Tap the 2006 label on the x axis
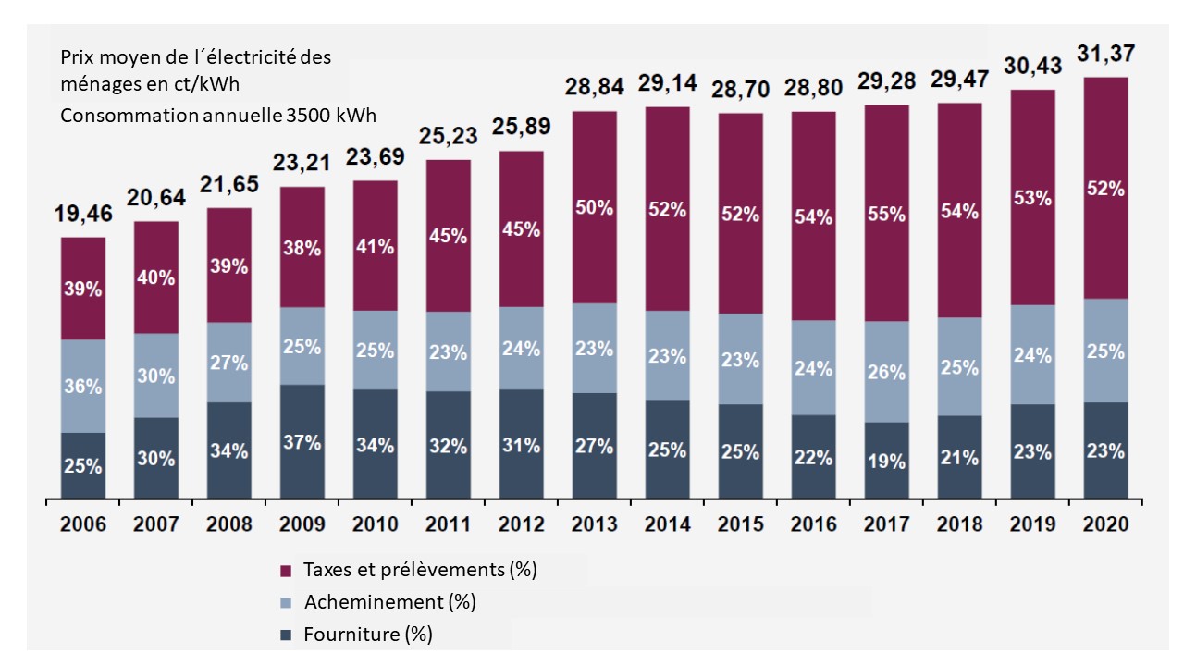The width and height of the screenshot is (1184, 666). pyautogui.click(x=83, y=524)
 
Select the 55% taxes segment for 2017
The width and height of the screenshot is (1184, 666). pyautogui.click(x=886, y=214)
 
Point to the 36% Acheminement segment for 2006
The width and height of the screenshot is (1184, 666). pyautogui.click(x=83, y=387)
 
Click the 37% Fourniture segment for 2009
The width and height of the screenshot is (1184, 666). pyautogui.click(x=302, y=442)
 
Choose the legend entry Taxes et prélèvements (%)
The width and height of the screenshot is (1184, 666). pyautogui.click(x=433, y=569)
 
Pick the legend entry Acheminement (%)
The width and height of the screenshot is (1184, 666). pyautogui.click(x=401, y=602)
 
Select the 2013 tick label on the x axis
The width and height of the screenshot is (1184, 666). pyautogui.click(x=594, y=524)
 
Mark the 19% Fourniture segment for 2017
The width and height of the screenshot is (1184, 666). pyautogui.click(x=886, y=462)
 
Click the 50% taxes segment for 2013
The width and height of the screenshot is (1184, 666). pyautogui.click(x=594, y=207)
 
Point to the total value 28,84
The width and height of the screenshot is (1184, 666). pyautogui.click(x=594, y=88)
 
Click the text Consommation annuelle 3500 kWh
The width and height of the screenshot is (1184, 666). pyautogui.click(x=218, y=117)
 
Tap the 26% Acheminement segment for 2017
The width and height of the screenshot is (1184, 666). pyautogui.click(x=886, y=372)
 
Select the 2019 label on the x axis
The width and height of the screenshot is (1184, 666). pyautogui.click(x=1032, y=524)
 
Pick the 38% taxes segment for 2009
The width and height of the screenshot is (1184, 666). pyautogui.click(x=302, y=247)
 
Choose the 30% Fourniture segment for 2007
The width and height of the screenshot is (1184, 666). pyautogui.click(x=156, y=459)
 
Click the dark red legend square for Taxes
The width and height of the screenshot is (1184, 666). pyautogui.click(x=286, y=570)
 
